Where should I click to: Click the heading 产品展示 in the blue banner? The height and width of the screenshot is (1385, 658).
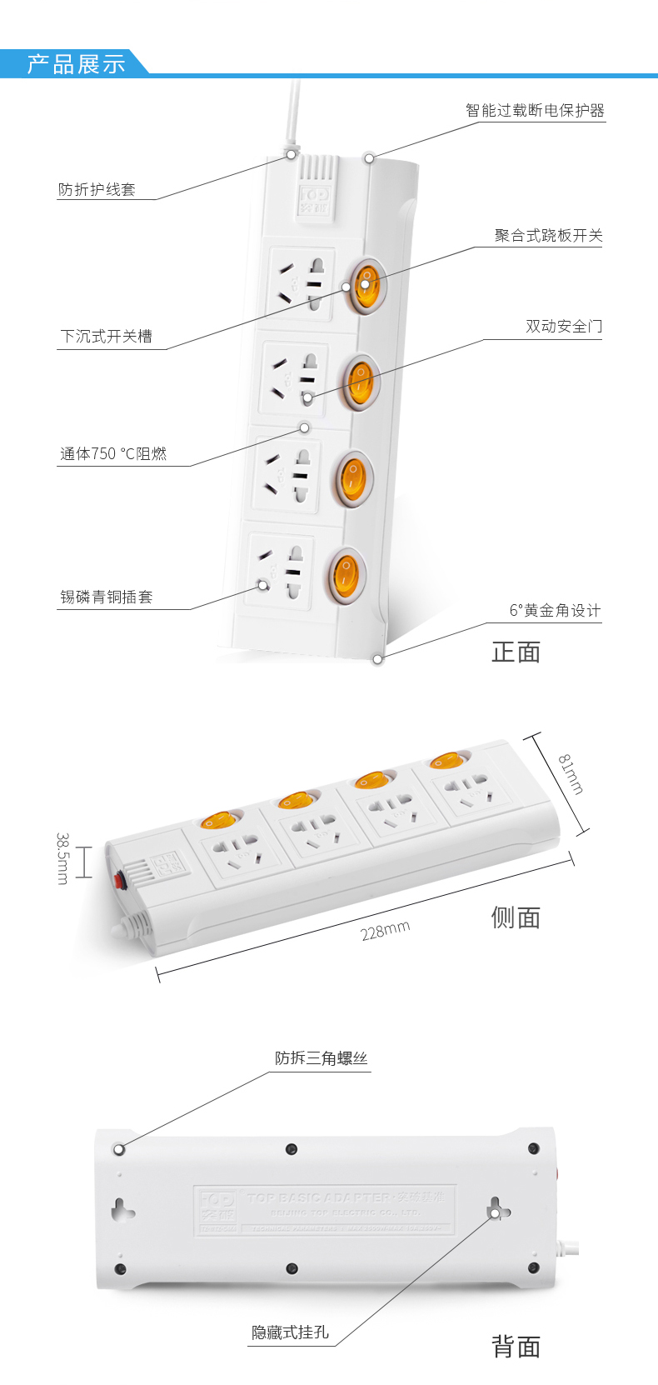click(x=76, y=64)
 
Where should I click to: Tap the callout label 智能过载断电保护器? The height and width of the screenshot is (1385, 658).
click(x=535, y=111)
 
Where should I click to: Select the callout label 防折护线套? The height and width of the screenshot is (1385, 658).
click(x=97, y=190)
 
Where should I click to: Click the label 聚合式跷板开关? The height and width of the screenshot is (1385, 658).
click(x=548, y=236)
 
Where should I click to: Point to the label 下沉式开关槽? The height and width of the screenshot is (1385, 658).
click(x=106, y=337)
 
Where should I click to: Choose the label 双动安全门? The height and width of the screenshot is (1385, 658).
click(x=563, y=327)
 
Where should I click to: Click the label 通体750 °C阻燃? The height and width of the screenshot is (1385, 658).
click(x=113, y=454)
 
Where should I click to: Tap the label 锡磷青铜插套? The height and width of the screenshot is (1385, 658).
click(x=106, y=597)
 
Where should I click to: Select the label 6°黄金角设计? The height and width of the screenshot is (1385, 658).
click(x=555, y=611)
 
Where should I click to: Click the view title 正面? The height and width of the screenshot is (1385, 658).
click(x=516, y=652)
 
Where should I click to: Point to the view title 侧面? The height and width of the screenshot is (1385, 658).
click(x=516, y=917)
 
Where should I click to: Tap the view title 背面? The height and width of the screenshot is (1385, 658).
click(x=516, y=1347)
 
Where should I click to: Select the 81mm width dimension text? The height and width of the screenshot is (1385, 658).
click(x=571, y=774)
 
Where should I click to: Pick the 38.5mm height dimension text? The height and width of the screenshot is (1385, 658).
click(x=62, y=857)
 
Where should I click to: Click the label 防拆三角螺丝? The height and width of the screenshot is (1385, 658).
click(x=321, y=1058)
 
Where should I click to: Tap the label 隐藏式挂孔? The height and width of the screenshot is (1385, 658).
click(x=290, y=1332)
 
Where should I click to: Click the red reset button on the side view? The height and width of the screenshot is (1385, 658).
click(x=121, y=880)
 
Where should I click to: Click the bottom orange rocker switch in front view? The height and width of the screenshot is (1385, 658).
click(x=345, y=574)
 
